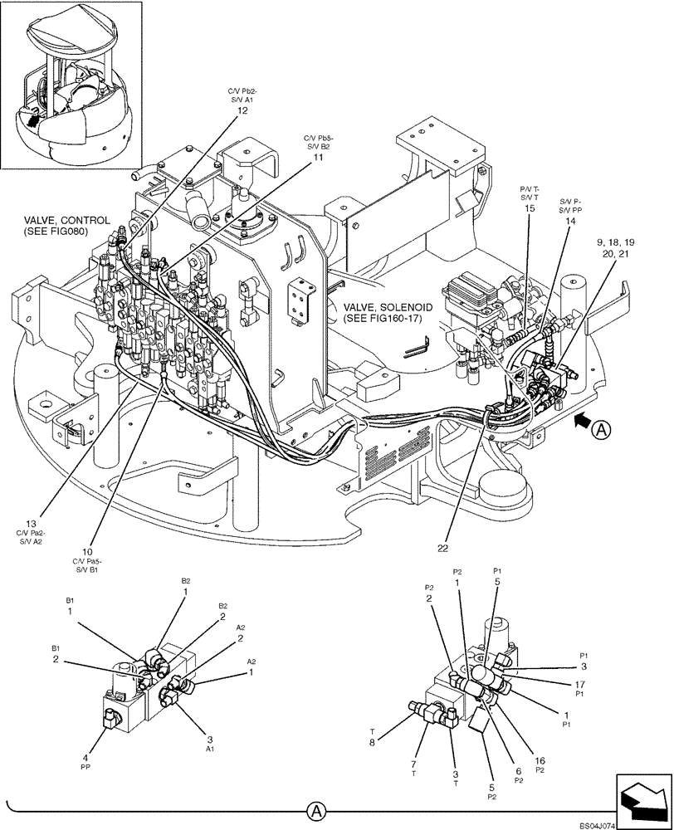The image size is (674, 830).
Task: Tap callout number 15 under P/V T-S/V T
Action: pyautogui.click(x=529, y=208)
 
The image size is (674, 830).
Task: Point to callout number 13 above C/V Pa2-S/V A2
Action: pyautogui.click(x=31, y=524)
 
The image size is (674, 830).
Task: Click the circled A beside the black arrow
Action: pyautogui.click(x=603, y=429)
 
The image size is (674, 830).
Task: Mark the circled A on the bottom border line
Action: pyautogui.click(x=315, y=809)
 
